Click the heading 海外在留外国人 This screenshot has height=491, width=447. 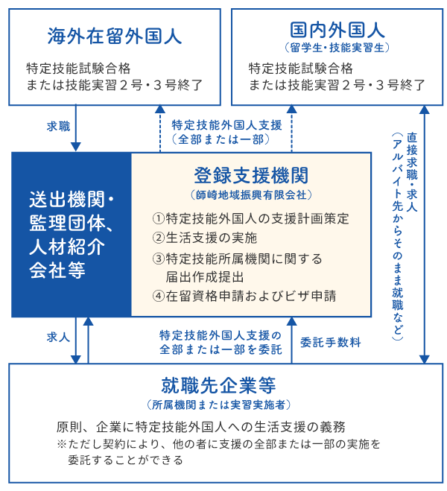click(x=115, y=36)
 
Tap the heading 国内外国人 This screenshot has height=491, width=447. click(x=337, y=30)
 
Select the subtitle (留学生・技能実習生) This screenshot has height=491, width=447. click(x=337, y=48)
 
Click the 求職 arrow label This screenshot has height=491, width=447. click(x=59, y=127)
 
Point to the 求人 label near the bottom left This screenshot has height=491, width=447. click(x=59, y=338)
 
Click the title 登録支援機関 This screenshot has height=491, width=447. click(x=251, y=175)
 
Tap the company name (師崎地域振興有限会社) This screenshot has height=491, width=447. click(x=251, y=194)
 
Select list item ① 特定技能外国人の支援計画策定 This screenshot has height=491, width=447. click(x=251, y=218)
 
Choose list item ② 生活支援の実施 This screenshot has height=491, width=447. click(x=205, y=238)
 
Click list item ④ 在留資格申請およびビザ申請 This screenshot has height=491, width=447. click(x=244, y=296)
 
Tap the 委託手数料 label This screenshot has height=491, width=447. click(x=331, y=342)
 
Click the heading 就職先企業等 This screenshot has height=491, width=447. click(x=218, y=385)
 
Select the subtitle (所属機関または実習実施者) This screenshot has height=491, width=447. click(x=218, y=405)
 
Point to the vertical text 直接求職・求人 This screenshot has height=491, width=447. click(x=412, y=172)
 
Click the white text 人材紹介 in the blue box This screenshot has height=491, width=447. click(x=67, y=247)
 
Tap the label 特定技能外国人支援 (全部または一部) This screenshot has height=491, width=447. click(x=226, y=132)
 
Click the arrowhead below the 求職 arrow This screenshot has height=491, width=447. click(x=76, y=147)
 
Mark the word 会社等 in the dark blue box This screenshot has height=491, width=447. click(x=57, y=270)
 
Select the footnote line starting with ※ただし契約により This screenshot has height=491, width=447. click(x=218, y=444)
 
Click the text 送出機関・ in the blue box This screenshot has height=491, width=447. click(x=72, y=199)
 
